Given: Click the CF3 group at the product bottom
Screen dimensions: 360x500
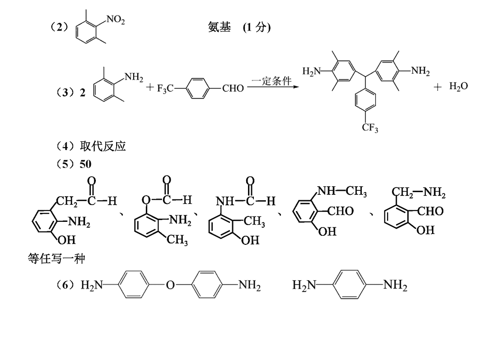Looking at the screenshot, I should pos(370,128).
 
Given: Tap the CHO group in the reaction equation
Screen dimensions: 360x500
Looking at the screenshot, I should pos(233,88).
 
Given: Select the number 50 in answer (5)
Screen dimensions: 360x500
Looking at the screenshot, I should pos(86,164).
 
